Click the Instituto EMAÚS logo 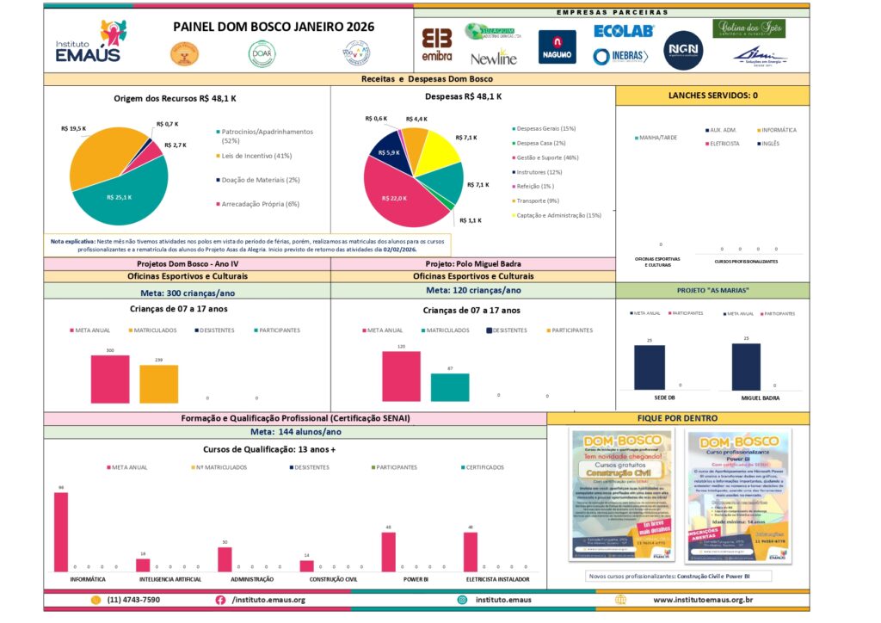(x=88, y=43)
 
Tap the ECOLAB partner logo (x=624, y=31)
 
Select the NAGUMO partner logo (x=558, y=47)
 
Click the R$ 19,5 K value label (x=74, y=128)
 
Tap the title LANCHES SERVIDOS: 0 (x=712, y=95)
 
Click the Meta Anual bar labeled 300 (x=110, y=379)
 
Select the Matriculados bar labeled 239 (x=159, y=385)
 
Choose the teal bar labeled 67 (x=449, y=387)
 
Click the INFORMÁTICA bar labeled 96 (x=61, y=531)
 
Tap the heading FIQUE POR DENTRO (x=678, y=418)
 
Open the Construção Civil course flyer (x=621, y=495)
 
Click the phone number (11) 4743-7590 (x=133, y=600)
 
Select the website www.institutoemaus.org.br (x=703, y=600)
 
